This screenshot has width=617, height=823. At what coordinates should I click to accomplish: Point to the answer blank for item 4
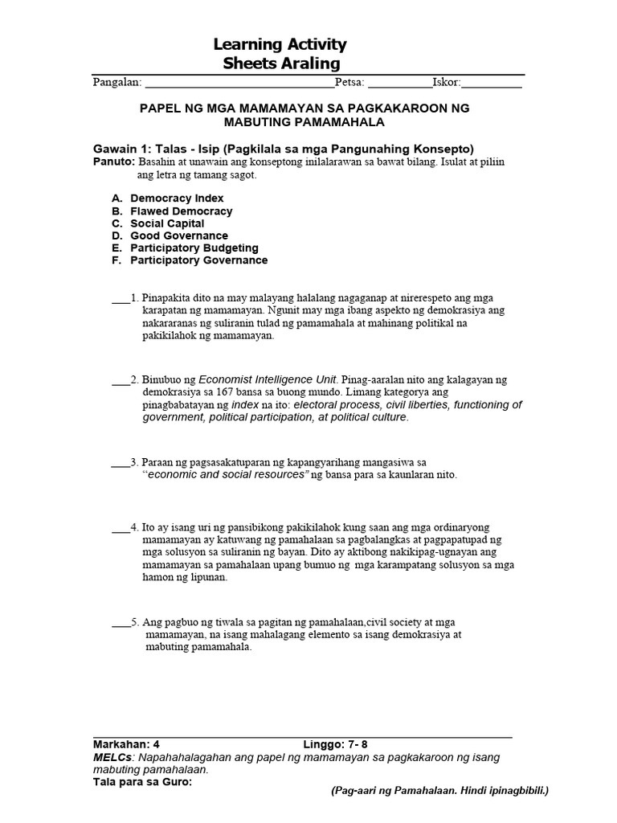(121, 531)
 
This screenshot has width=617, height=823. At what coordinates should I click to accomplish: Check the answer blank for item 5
(121, 624)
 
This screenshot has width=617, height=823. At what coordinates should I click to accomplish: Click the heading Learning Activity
(280, 44)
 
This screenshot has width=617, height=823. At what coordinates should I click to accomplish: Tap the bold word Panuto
(114, 162)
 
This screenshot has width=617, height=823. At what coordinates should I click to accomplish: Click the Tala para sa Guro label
(142, 779)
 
